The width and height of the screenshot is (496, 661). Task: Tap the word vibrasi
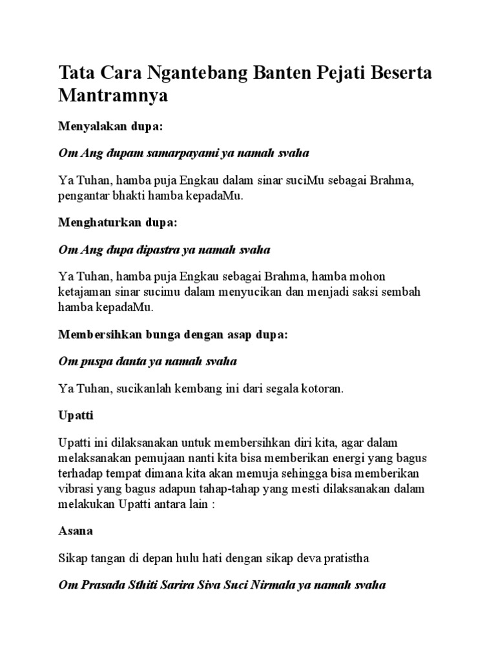click(77, 489)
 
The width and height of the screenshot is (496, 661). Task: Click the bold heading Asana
click(75, 531)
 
